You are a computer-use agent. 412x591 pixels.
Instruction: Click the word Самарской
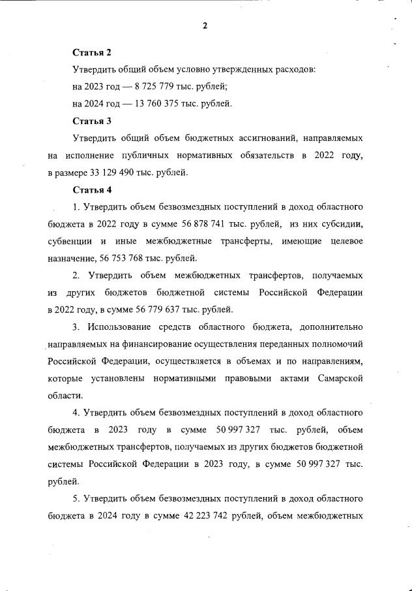pyautogui.click(x=339, y=379)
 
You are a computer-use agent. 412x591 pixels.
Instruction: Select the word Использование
pyautogui.click(x=120, y=327)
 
